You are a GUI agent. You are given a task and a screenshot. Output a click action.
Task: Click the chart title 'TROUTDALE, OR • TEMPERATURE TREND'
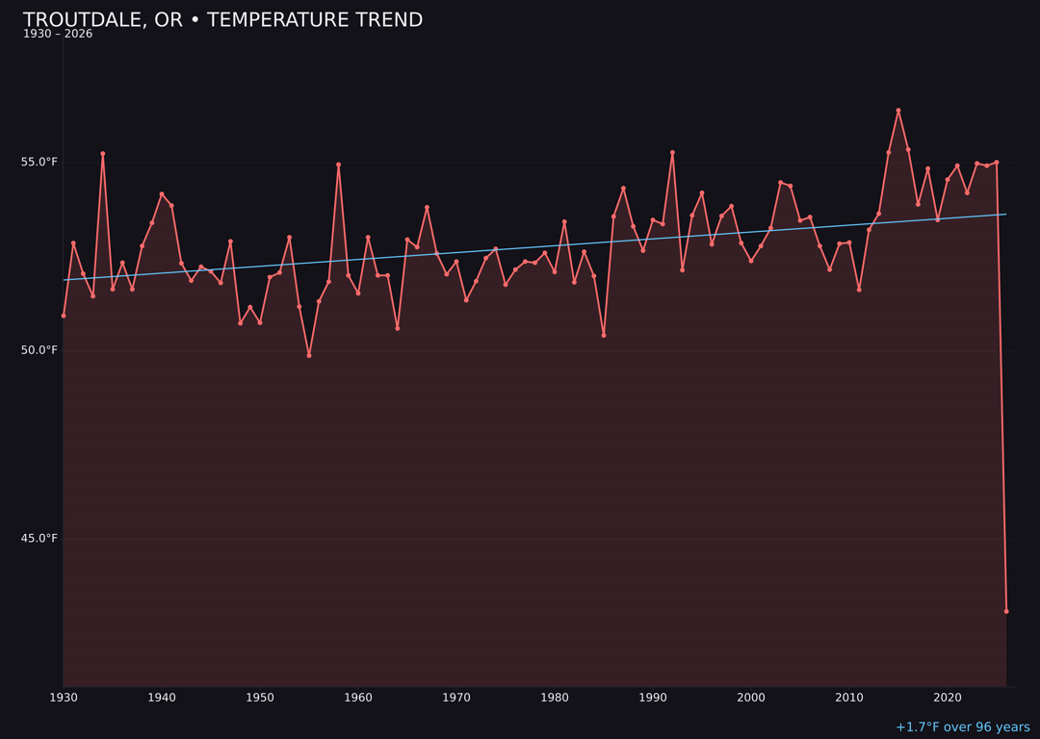tap(222, 20)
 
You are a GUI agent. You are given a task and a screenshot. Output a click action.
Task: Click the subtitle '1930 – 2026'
tap(58, 35)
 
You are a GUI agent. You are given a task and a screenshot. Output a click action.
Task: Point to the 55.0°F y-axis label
tap(39, 162)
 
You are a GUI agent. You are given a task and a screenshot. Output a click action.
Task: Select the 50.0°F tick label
tap(39, 350)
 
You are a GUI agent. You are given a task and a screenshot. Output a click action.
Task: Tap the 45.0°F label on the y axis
tap(39, 538)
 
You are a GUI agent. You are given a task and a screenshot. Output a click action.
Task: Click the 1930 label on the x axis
tap(64, 698)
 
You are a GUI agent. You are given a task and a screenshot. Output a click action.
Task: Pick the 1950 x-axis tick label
tap(260, 698)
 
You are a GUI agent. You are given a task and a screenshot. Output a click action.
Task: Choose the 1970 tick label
tap(456, 698)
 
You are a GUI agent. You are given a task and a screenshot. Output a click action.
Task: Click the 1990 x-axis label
tap(653, 698)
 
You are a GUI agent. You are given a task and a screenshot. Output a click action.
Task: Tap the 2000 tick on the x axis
tap(751, 698)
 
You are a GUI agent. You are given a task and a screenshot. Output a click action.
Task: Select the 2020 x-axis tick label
tap(948, 698)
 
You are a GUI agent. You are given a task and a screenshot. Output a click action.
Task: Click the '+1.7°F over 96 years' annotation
tap(962, 727)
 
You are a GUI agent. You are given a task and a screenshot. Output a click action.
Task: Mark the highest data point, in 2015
tap(898, 111)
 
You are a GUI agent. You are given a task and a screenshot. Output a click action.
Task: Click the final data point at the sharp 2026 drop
tap(1006, 611)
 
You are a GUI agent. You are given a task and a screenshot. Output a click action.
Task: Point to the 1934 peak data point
tap(103, 154)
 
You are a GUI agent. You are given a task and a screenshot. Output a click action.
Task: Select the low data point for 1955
tap(309, 355)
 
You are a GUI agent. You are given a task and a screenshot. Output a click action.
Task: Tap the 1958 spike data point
tap(338, 165)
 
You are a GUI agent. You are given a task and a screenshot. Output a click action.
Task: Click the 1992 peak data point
tap(672, 153)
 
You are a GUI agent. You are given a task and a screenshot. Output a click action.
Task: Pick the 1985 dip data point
tap(604, 335)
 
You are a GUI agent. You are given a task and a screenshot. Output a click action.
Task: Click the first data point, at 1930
tap(64, 316)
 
